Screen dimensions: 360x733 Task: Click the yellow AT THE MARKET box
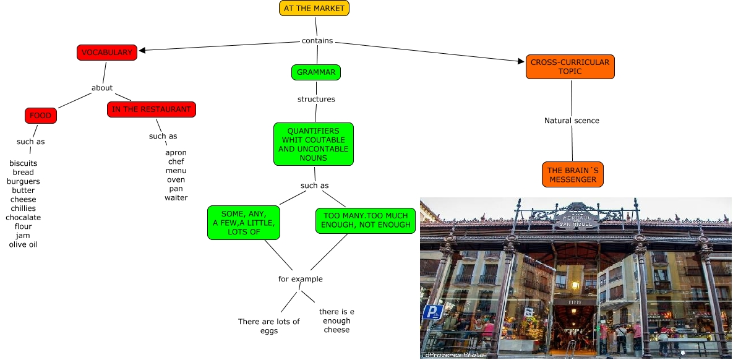coord(314,8)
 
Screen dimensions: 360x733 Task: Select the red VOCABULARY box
coord(107,53)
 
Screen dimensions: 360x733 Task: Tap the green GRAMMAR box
coord(316,72)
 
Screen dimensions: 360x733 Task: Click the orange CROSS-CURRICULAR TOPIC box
coord(570,67)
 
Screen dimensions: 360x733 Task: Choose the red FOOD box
coord(41,116)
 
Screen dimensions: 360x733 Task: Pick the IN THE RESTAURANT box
coord(152,109)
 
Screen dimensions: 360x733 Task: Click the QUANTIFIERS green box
coord(314,144)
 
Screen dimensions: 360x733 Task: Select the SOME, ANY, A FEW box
coord(244,223)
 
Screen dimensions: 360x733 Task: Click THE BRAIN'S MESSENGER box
coord(572,175)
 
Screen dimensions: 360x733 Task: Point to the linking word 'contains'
coord(317,41)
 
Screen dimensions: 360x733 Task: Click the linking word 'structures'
coord(316,99)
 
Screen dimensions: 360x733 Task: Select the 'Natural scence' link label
coord(572,121)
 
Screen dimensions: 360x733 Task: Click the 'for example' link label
coord(301,279)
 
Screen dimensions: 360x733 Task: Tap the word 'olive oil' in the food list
coord(24,244)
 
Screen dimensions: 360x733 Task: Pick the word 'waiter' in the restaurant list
coord(176,198)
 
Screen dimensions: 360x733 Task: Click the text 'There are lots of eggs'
coord(269,326)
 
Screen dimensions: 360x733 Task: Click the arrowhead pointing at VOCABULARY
coord(143,51)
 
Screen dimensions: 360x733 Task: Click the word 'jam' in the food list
coord(24,236)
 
